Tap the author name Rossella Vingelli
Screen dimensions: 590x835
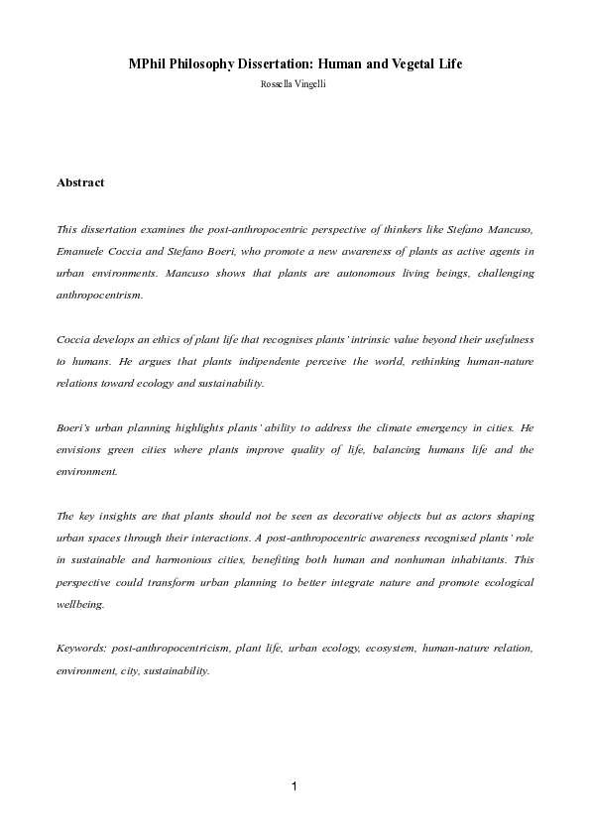tap(295, 85)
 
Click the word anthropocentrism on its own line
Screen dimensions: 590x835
tap(100, 295)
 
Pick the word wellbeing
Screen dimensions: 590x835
tap(81, 604)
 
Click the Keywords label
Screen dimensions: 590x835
tap(82, 649)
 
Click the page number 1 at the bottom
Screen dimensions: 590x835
tap(295, 786)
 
